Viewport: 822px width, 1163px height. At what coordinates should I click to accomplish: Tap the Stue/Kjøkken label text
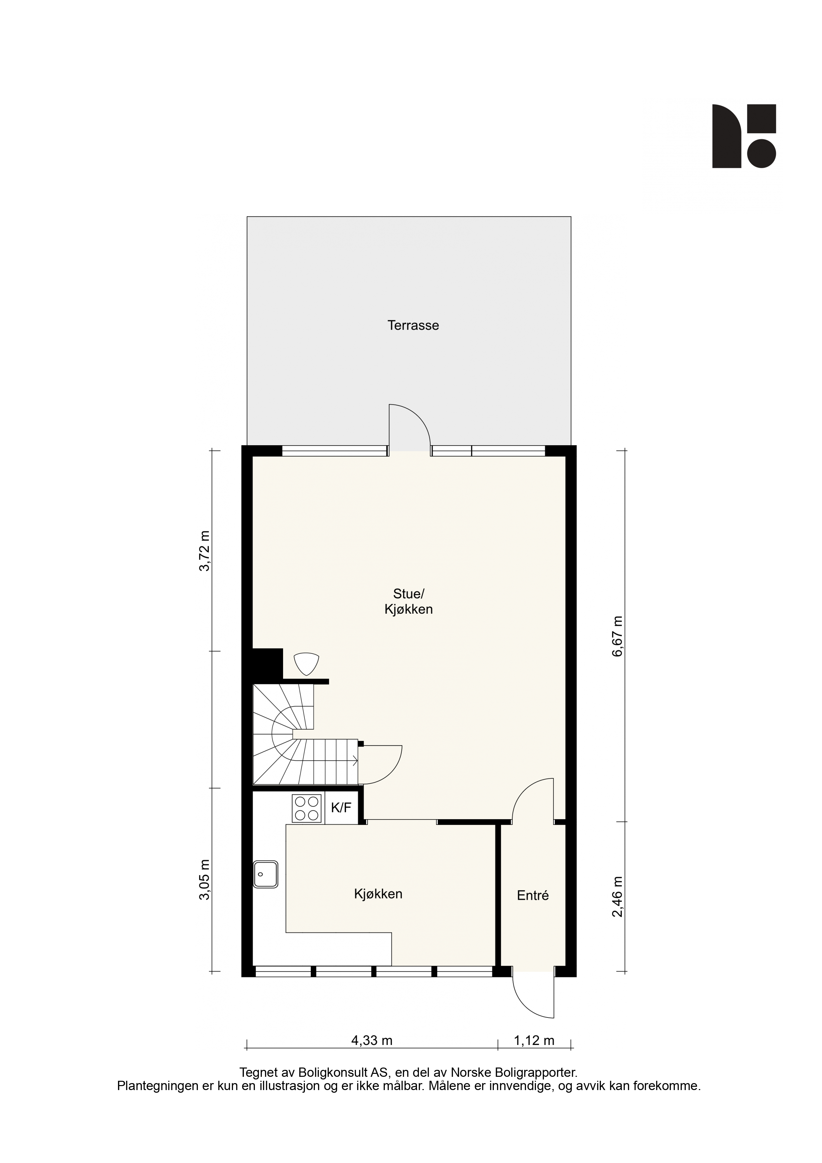[408, 601]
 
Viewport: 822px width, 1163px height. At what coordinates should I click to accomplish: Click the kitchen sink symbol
[266, 874]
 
